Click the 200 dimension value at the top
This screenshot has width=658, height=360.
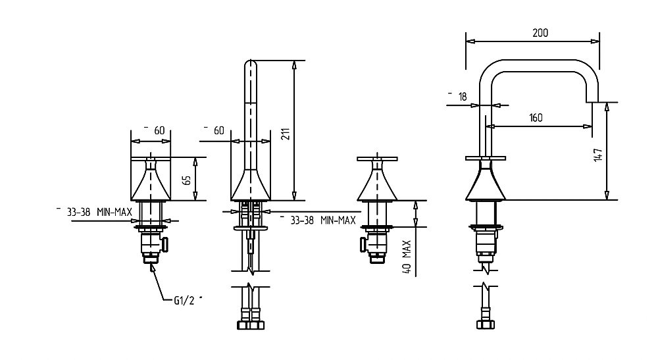(540, 33)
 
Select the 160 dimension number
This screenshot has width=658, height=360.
(536, 118)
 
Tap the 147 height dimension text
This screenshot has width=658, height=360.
(598, 155)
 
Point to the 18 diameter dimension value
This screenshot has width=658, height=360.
(463, 97)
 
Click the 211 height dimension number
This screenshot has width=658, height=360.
(285, 134)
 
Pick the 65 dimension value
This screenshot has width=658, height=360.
(187, 180)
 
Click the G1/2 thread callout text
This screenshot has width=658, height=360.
(185, 300)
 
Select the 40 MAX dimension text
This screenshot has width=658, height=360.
(406, 257)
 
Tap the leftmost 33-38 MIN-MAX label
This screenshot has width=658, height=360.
(99, 212)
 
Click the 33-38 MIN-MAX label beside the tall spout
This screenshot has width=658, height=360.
(323, 220)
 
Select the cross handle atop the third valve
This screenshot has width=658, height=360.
(377, 159)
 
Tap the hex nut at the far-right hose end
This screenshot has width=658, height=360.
(486, 324)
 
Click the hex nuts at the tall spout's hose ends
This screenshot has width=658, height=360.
(251, 324)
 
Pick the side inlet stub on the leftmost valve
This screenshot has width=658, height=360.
(165, 245)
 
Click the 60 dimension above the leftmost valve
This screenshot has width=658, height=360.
(159, 130)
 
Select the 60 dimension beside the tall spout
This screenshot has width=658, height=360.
(219, 130)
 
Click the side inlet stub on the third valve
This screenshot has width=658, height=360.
(363, 245)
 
